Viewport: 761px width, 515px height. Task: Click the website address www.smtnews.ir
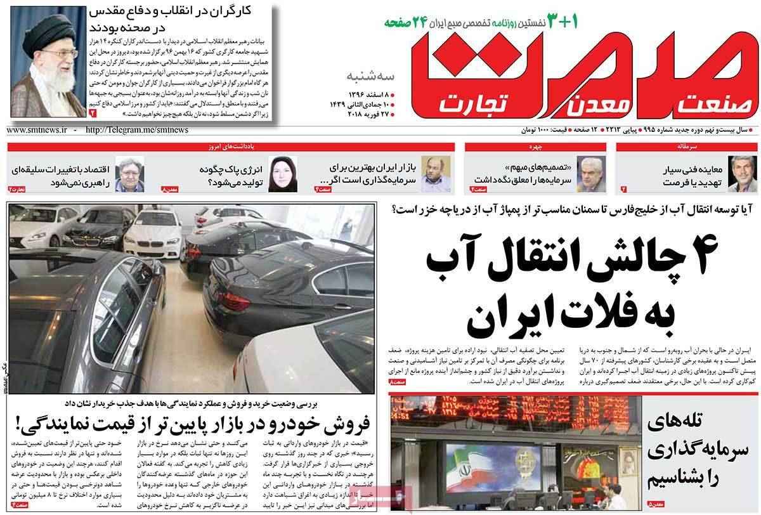click(x=37, y=130)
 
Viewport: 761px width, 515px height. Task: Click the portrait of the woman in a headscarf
click(x=282, y=173)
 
